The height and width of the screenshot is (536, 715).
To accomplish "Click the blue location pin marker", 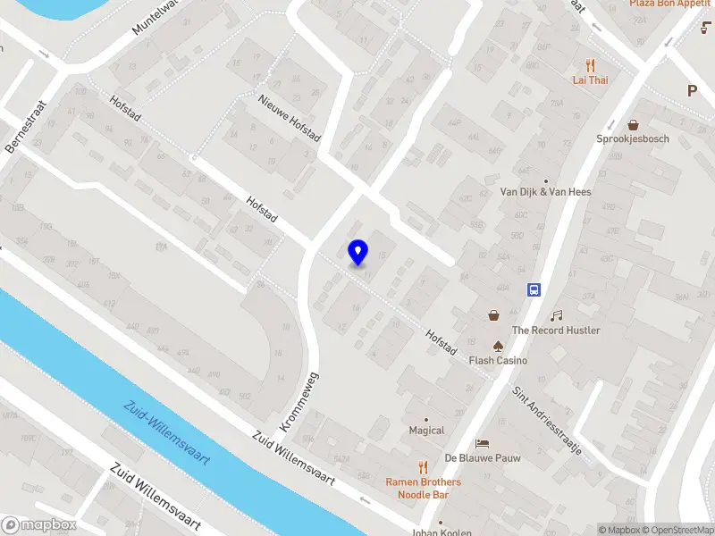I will (357, 253).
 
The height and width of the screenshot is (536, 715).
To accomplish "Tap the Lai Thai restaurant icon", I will (590, 64).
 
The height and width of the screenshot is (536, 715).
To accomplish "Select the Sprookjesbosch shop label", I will (633, 138).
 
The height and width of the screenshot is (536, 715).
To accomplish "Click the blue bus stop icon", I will (534, 289).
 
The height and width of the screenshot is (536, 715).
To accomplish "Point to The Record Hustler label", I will (556, 331).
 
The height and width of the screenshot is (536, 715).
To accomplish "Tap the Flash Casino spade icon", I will (498, 345).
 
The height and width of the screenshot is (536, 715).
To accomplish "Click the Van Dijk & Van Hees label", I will (545, 191).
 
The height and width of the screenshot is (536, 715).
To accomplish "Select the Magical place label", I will (426, 431).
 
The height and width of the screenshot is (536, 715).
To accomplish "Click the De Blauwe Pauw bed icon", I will (483, 443).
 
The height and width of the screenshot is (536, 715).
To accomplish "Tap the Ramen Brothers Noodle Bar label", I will (424, 488).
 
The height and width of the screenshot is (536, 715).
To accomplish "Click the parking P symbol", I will (692, 90).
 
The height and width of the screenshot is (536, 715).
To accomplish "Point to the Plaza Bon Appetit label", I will (669, 4).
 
